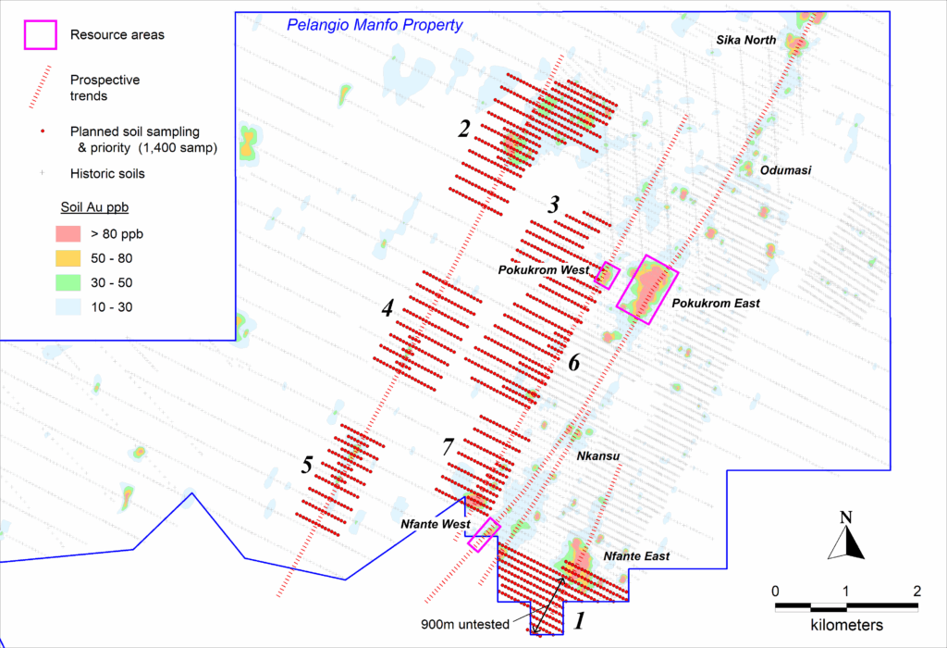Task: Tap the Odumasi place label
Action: tap(785, 170)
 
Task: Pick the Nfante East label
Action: tap(635, 556)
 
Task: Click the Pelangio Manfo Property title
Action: tap(374, 25)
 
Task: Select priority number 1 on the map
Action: tap(580, 619)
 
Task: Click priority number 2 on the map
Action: tap(465, 129)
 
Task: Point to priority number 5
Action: tap(306, 465)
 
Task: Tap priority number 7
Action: tap(449, 447)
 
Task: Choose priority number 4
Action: tap(388, 308)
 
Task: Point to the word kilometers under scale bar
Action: tap(846, 625)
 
